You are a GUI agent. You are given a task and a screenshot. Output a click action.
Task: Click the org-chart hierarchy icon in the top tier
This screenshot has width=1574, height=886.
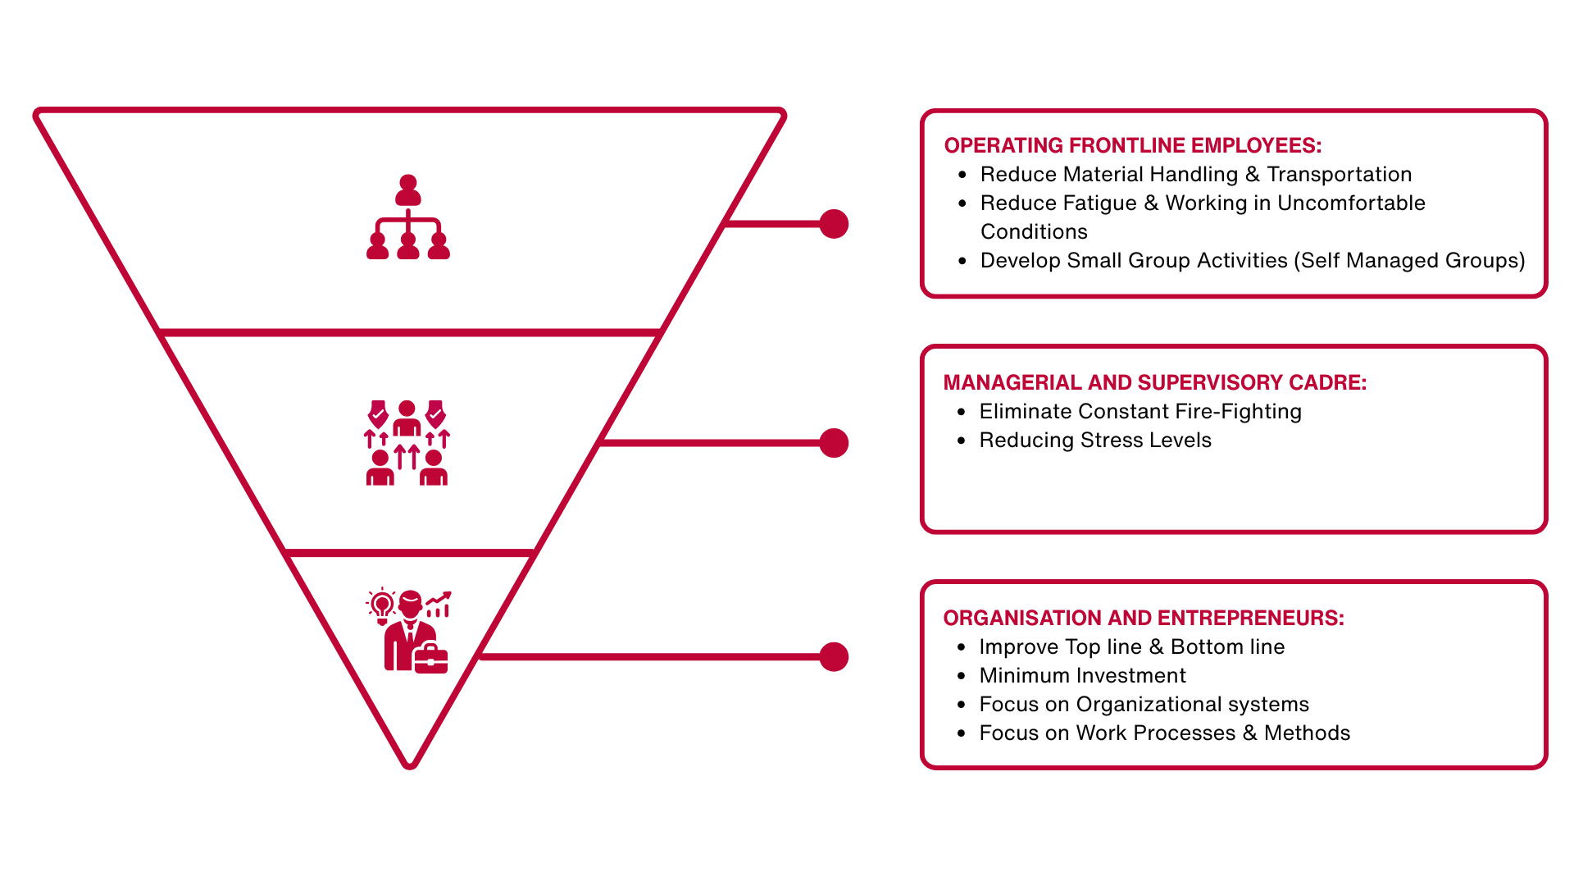point(408,217)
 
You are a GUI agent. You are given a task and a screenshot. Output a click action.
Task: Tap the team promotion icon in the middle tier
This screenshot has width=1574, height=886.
point(407,443)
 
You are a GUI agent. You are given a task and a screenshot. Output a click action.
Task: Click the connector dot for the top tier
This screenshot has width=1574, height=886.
point(834,224)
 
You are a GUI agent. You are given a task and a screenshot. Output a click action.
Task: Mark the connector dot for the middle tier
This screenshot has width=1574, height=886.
point(834,443)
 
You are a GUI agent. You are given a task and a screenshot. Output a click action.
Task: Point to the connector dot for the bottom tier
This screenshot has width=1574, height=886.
point(834,657)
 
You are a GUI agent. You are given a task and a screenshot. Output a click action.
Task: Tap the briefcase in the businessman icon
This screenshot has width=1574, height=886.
point(431,659)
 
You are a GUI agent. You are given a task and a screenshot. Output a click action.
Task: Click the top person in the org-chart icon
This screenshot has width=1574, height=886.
point(408,190)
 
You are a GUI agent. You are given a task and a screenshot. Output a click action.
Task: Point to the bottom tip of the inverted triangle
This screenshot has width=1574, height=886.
point(410,765)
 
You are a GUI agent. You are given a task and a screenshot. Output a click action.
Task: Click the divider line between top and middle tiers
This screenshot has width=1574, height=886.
point(410,333)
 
